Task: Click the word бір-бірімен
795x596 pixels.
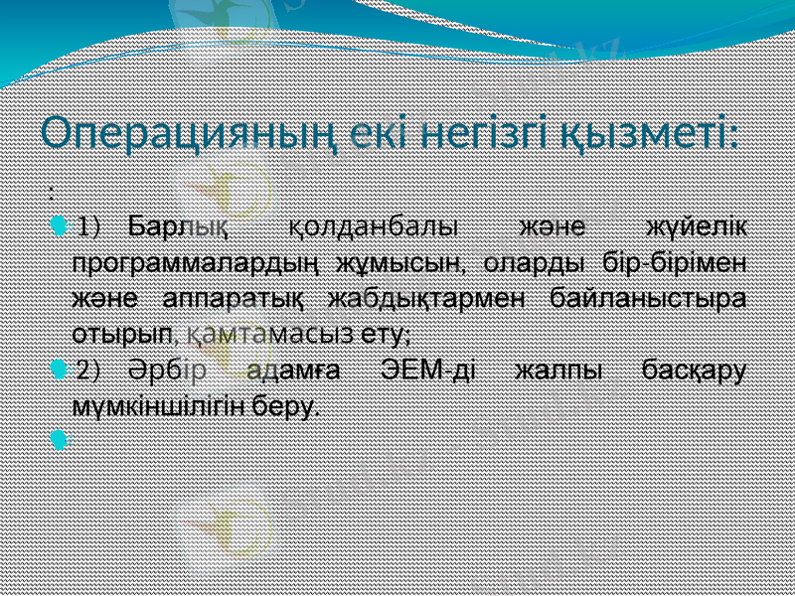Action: (676, 263)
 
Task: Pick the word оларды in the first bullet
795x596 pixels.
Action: (538, 263)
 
